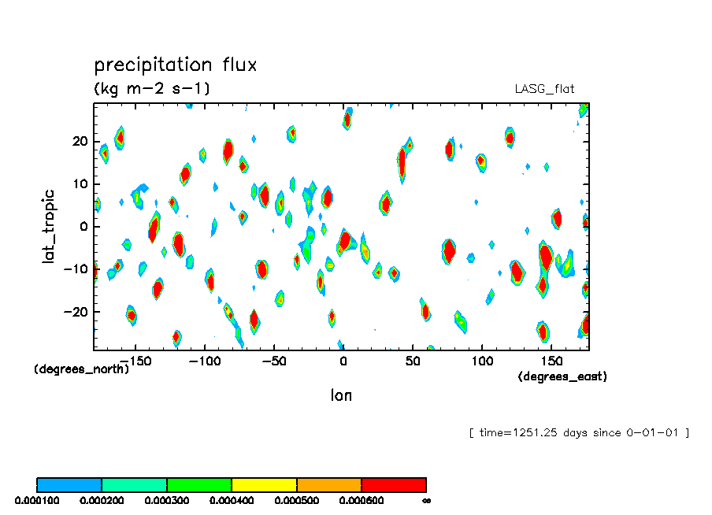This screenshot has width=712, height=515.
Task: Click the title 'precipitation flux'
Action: point(175,65)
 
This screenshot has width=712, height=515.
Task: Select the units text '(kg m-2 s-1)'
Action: point(151,88)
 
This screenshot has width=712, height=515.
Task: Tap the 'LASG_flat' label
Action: point(550,89)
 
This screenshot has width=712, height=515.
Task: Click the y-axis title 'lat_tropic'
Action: point(49,225)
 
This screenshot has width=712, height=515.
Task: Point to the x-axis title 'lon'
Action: point(341,395)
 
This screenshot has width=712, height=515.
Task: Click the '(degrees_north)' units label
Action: point(81,369)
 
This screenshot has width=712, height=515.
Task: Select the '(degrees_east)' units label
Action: point(562,377)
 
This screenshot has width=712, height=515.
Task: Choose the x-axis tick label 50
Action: point(412,361)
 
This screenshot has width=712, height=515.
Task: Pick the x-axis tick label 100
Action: point(480,361)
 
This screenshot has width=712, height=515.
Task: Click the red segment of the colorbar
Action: point(393,484)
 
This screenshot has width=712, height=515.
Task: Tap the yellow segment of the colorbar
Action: point(264,484)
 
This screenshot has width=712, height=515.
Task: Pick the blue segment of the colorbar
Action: point(69,484)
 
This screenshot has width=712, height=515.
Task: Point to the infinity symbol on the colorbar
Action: point(426,500)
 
